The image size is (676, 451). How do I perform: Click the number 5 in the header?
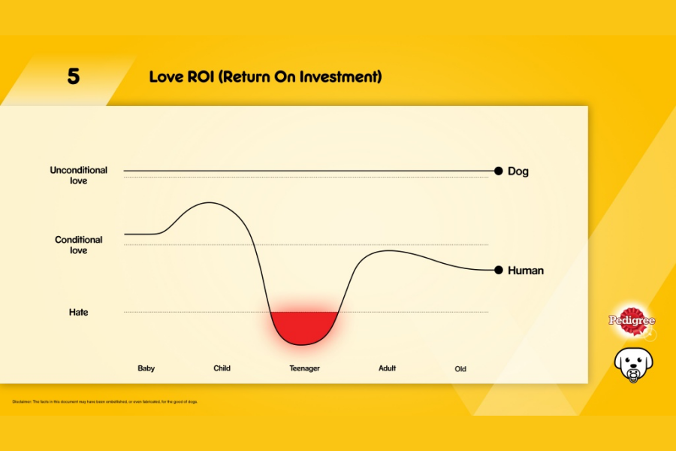click(73, 77)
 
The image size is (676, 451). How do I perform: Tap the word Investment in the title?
click(341, 77)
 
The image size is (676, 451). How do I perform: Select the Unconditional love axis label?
click(79, 175)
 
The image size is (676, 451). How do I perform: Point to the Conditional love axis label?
click(78, 245)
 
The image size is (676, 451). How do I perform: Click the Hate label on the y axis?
click(78, 312)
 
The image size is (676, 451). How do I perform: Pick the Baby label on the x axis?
click(146, 368)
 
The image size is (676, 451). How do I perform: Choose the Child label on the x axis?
click(222, 368)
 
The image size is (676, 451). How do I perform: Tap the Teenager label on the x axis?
click(305, 368)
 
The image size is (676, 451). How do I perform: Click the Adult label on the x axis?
click(387, 368)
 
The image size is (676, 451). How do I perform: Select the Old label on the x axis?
click(460, 369)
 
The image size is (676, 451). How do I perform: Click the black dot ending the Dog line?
click(499, 171)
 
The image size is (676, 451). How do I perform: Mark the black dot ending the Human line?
click(499, 270)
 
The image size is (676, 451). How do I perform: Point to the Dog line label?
click(518, 171)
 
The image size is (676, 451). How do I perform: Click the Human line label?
click(526, 271)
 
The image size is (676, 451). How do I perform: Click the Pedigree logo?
click(631, 320)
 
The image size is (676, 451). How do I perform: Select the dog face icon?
click(633, 365)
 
